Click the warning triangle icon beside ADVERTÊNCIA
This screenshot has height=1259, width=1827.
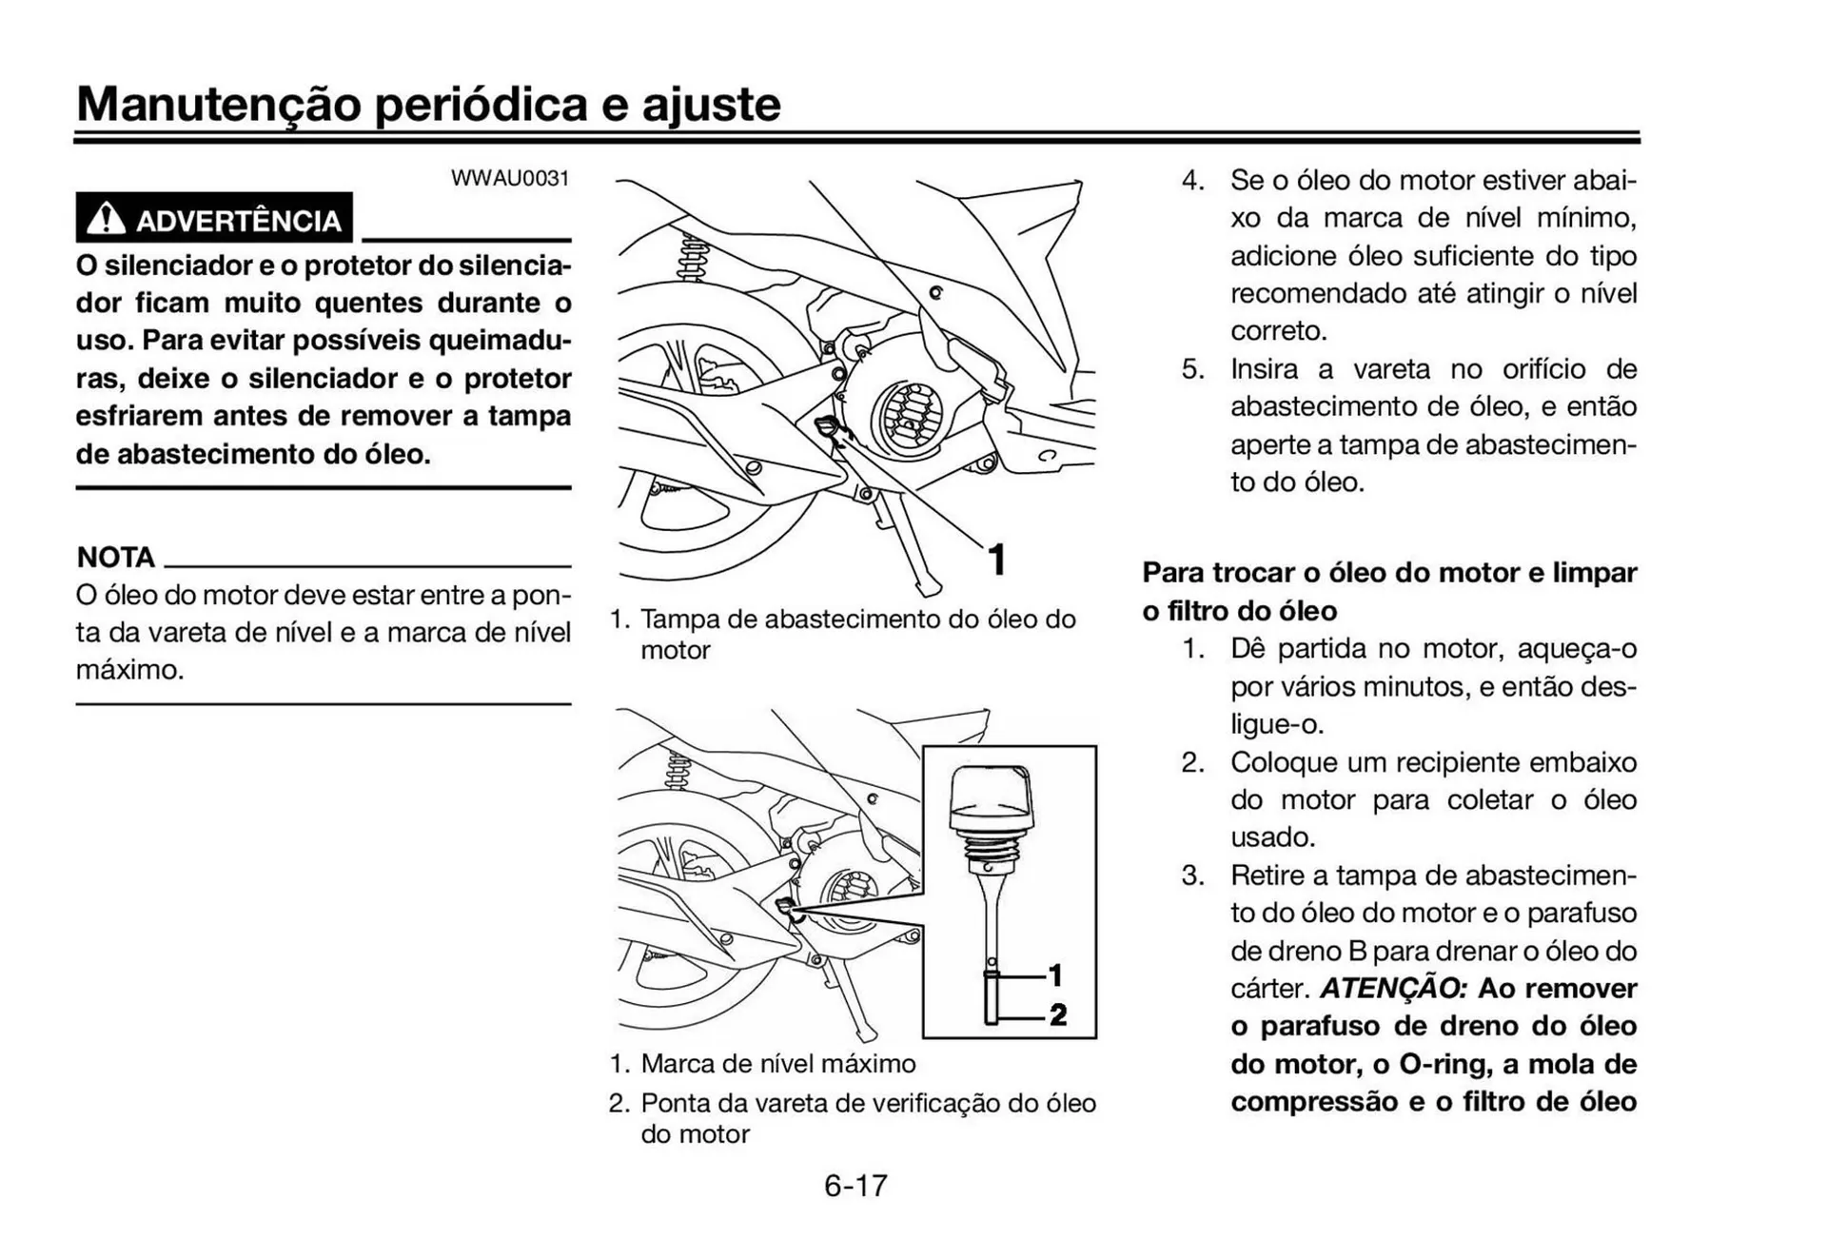[x=106, y=219]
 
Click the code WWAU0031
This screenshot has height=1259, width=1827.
[x=510, y=179]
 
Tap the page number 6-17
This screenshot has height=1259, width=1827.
[x=855, y=1185]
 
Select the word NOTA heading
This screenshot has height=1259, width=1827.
[x=115, y=557]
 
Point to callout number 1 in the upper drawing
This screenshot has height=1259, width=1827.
[x=996, y=560]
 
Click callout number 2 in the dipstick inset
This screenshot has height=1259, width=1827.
[x=1057, y=1014]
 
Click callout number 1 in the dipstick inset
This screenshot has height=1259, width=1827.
[x=1055, y=975]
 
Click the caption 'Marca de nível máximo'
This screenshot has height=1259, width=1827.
[x=777, y=1063]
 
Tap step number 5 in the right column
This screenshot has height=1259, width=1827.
[x=1192, y=369]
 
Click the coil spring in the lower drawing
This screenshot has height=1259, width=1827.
[x=678, y=770]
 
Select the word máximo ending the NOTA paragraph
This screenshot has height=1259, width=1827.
[x=129, y=670]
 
